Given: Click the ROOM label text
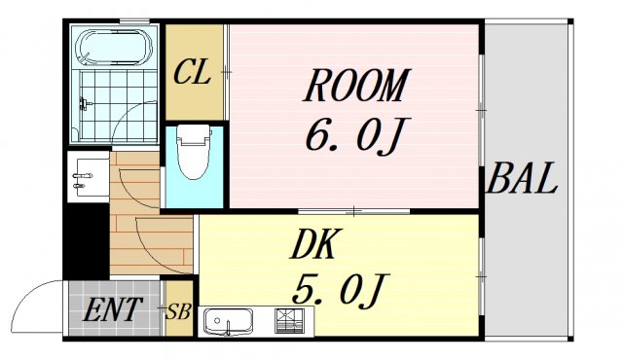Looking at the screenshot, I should click(355, 88).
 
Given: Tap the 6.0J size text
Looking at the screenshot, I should click(352, 137).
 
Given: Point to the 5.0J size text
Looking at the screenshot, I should click(340, 289).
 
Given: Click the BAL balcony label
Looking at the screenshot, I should click(523, 180).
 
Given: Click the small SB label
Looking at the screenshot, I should click(178, 312).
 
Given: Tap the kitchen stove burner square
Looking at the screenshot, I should click(289, 319).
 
